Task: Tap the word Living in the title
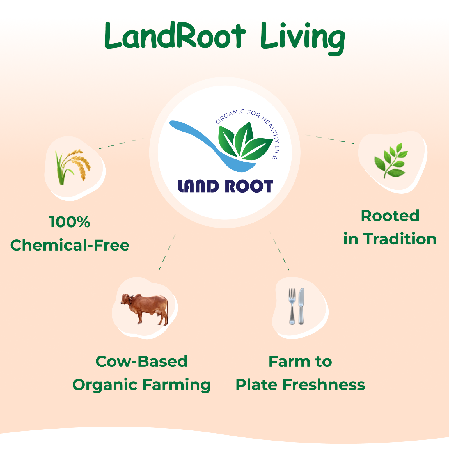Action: pos(303,38)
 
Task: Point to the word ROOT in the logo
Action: pos(249,186)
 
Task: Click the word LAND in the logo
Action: pos(198,186)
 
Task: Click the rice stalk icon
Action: pos(73,167)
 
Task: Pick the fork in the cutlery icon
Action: pos(292,306)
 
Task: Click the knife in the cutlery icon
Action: pos(301,306)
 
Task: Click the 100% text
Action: pos(70,222)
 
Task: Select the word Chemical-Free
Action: pos(70,245)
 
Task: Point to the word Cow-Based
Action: pos(141,361)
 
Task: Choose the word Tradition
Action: pos(400,239)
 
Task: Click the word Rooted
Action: pos(390,216)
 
